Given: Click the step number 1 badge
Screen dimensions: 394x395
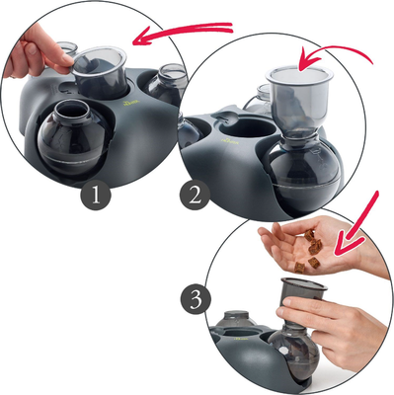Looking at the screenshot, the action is [96, 195].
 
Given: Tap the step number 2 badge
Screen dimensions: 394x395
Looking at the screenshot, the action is [195, 195].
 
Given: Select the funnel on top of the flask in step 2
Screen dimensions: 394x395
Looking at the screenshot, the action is [299, 99].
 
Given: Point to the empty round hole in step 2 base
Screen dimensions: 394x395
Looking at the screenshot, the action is [248, 128].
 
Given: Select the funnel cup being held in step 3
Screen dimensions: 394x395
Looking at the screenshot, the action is [303, 294].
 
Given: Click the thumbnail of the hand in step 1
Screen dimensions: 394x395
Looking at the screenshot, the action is [32, 48].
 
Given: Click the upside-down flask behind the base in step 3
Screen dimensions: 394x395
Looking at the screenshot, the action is [236, 319].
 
